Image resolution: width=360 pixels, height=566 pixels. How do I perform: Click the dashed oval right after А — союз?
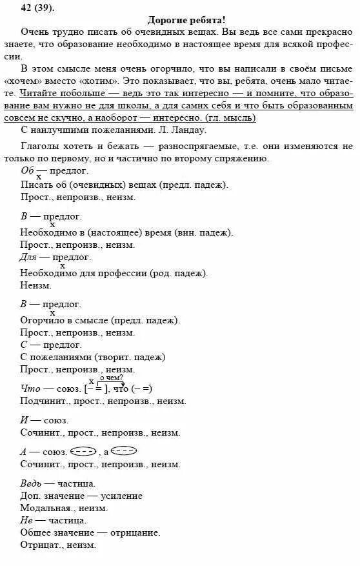pyautogui.click(x=83, y=451)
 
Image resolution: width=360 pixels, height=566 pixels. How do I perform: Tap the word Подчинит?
pyautogui.click(x=43, y=401)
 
